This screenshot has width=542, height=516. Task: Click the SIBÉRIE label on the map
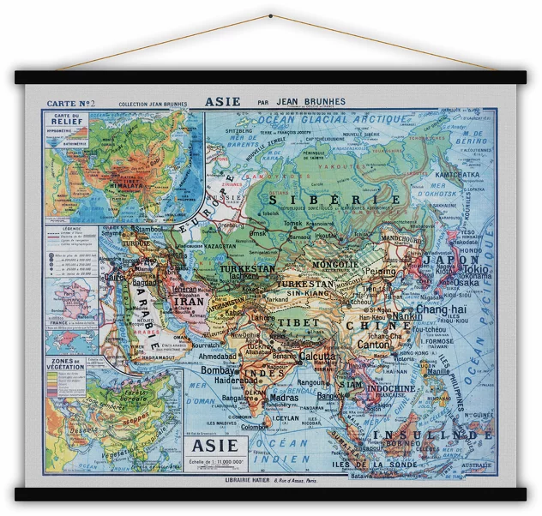point(335,200)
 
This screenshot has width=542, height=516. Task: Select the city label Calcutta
point(316,357)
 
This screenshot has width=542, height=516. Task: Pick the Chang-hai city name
point(442,309)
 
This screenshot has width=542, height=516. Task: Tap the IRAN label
point(189,303)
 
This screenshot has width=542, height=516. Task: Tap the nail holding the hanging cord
point(271,16)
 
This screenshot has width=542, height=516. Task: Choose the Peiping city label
point(378,272)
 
